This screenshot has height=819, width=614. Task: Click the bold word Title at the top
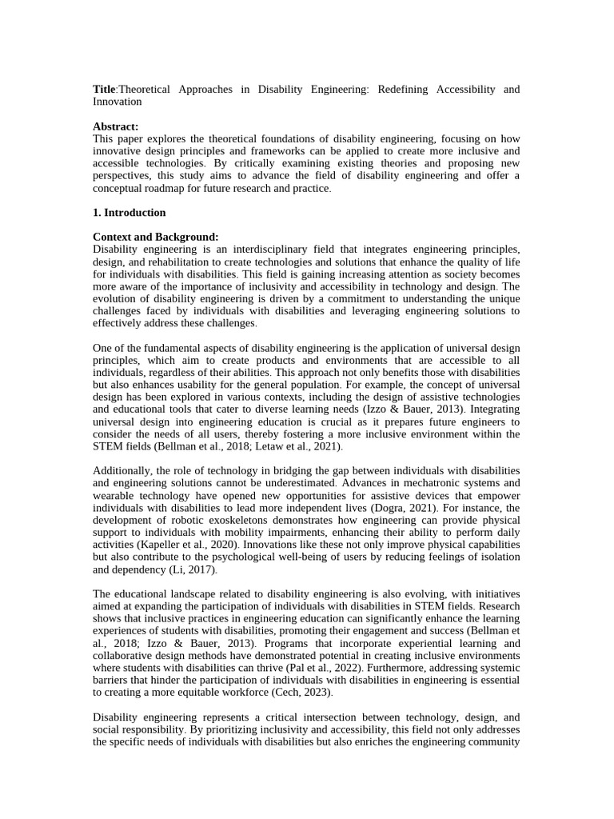point(105,89)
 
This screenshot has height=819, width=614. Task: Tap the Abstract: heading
point(115,126)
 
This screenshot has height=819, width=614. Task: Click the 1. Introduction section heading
point(130,213)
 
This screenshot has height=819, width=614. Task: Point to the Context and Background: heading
point(155,237)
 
